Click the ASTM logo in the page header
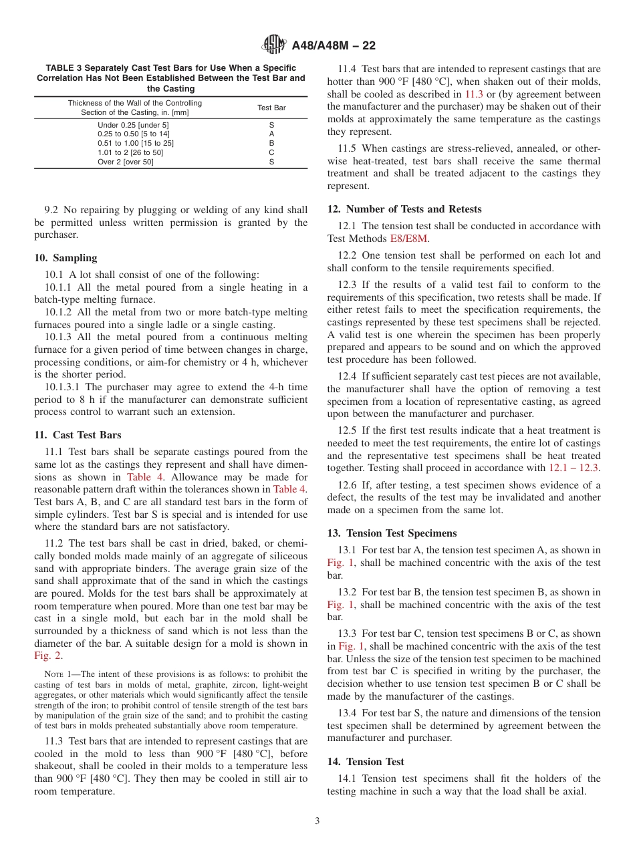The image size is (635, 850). pos(274,45)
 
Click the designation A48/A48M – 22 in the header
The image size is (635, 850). pos(334,45)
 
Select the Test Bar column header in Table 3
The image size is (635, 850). pos(271,108)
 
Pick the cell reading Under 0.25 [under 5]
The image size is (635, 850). pos(134,125)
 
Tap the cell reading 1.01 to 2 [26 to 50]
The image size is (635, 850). pos(130,152)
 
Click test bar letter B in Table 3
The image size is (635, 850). pos(271,143)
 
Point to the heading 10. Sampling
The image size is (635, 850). pos(66,258)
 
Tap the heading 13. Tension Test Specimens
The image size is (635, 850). pos(392,533)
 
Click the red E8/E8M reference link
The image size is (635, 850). pos(410,239)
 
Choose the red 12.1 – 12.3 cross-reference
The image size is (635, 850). pos(574,468)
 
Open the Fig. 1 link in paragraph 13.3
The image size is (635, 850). pos(351,646)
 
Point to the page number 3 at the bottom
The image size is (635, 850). pos(317,821)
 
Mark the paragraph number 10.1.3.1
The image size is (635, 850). pos(62,387)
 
